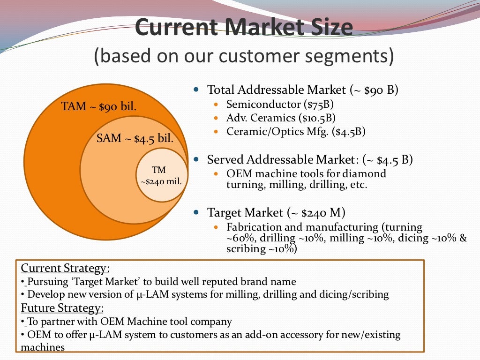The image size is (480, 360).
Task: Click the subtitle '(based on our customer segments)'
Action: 243,56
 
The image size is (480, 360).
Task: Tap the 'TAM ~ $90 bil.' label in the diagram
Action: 99,106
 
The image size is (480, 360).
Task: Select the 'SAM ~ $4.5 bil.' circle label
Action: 135,138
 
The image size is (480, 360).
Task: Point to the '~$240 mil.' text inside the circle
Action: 161,181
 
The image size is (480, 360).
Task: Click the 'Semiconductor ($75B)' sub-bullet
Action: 280,104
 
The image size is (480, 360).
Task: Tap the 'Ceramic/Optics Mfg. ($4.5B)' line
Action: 296,131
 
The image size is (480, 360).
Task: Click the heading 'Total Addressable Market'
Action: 276,90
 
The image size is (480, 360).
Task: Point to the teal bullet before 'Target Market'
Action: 197,213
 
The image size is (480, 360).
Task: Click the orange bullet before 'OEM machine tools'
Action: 216,174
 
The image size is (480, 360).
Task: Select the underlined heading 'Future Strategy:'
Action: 62,308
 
